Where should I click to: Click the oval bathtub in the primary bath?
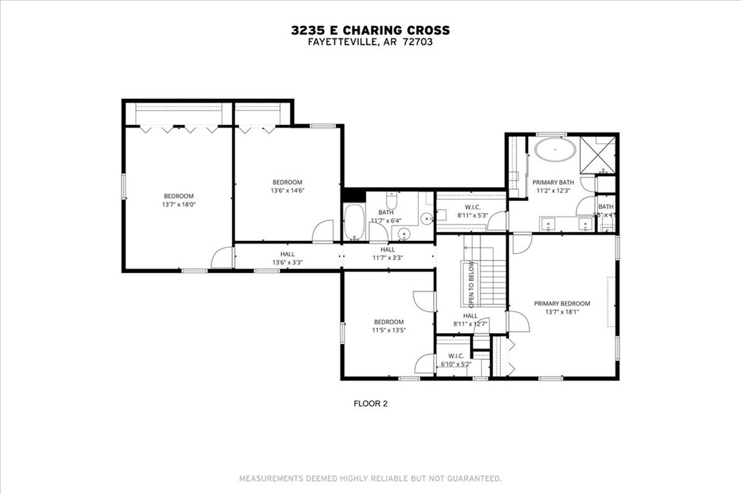(x=554, y=149)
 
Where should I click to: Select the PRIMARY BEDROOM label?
(x=562, y=304)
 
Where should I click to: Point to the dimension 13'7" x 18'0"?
(x=178, y=204)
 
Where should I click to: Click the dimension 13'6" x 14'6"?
(x=287, y=190)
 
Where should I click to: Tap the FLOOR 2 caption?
(x=370, y=403)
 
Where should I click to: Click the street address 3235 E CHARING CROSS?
(x=370, y=30)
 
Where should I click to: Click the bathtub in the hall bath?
(x=354, y=222)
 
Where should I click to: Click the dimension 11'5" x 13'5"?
(x=388, y=330)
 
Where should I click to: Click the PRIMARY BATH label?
(x=553, y=182)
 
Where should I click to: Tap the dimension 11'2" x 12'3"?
(x=553, y=191)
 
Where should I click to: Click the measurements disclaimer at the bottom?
(x=370, y=478)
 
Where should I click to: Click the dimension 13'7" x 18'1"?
(x=562, y=313)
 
